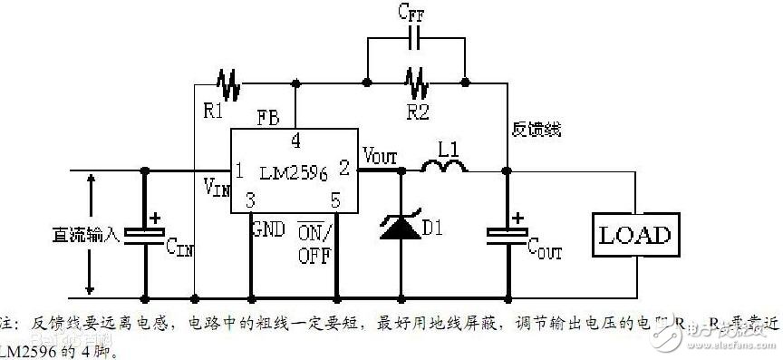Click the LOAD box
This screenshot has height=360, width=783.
pos(636,236)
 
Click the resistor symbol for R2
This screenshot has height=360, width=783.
pos(418,84)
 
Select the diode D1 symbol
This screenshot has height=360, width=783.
pos(399,226)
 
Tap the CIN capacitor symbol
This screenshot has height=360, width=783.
pos(144,233)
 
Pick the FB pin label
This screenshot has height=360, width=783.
pos(268,118)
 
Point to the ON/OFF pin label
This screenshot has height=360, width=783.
pos(315,242)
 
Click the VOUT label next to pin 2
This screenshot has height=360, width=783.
pos(380,154)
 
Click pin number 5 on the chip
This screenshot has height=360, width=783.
pos(335,199)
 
